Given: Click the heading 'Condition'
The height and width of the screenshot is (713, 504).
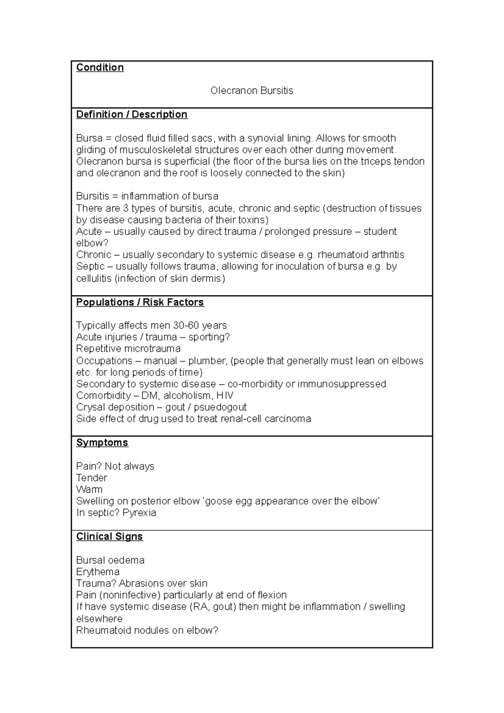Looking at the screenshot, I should click(x=100, y=68).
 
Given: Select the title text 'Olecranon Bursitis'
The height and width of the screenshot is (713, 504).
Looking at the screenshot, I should click(x=252, y=91).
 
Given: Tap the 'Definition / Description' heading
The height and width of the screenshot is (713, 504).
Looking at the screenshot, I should click(x=131, y=115).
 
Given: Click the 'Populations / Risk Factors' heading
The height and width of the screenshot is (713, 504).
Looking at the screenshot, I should click(x=140, y=302).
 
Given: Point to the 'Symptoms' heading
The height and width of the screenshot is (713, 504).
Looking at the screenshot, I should click(x=102, y=443).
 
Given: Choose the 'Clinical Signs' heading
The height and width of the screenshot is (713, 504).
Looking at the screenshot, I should click(x=109, y=537).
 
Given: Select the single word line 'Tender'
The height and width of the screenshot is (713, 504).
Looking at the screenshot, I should click(x=92, y=478).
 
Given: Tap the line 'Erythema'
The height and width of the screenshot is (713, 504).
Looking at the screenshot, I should click(x=97, y=572).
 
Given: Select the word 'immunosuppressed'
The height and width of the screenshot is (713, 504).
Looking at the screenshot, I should click(x=341, y=384).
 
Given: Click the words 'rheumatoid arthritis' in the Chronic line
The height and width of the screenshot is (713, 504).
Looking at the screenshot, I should click(x=361, y=255).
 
